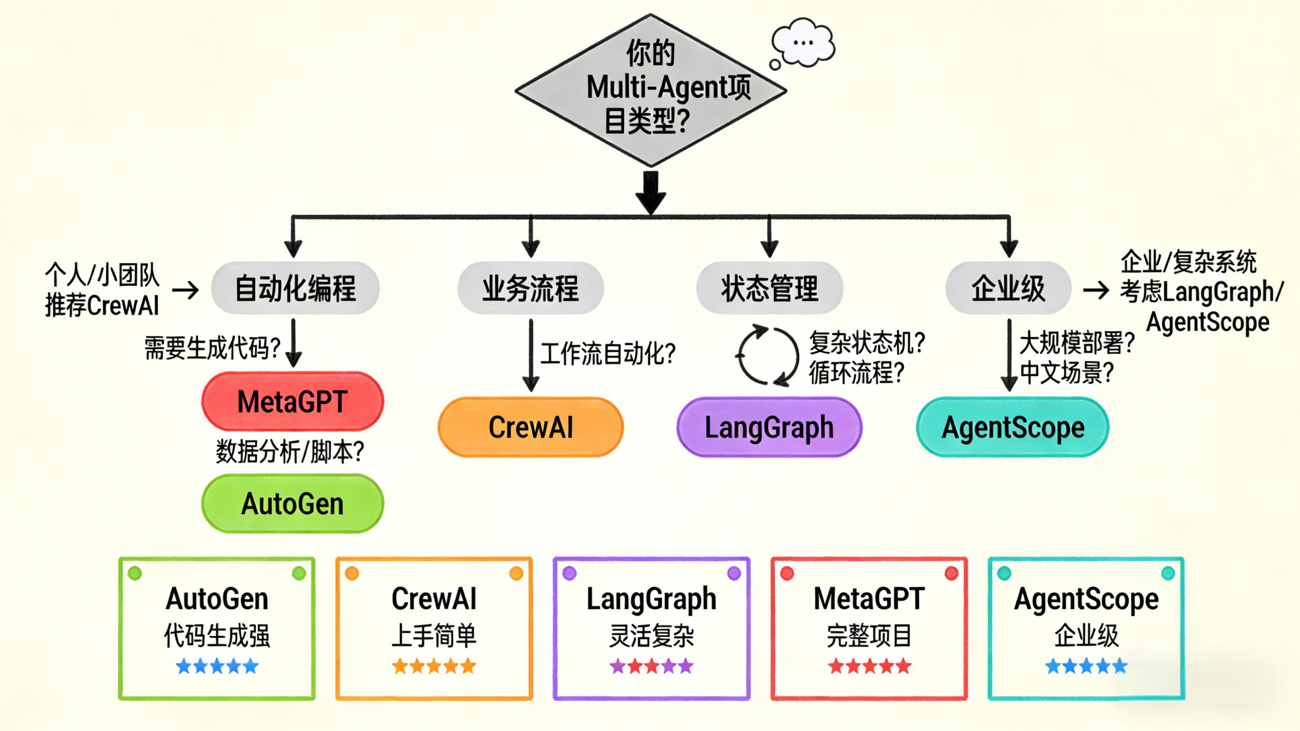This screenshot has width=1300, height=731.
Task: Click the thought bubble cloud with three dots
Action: click(803, 42)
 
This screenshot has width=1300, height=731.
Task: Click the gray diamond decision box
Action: click(650, 90)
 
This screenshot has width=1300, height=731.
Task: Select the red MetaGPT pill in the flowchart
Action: click(293, 401)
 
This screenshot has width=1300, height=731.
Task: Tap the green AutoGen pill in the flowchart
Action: click(293, 503)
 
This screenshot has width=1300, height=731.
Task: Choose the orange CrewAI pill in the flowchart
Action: click(531, 427)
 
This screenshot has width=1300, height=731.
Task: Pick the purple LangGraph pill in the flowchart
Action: click(769, 427)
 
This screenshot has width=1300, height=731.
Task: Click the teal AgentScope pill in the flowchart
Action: click(1012, 427)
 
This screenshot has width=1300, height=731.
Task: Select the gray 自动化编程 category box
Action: click(295, 288)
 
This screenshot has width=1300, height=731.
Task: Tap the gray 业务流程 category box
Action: click(530, 288)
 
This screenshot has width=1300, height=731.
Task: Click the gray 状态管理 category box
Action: click(770, 288)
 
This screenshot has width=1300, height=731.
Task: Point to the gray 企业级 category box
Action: click(1008, 288)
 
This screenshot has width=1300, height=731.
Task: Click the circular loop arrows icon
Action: click(767, 355)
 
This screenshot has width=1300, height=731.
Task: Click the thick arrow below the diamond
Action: click(650, 192)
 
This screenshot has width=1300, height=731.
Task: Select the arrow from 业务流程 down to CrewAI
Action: click(531, 355)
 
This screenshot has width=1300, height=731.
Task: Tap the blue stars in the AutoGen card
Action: click(217, 666)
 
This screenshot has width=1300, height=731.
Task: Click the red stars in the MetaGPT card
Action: click(869, 666)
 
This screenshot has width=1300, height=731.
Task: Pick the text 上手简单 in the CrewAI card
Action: click(434, 635)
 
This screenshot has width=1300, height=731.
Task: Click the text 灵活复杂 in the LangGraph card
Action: click(651, 635)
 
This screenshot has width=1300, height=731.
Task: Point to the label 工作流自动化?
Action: click(608, 353)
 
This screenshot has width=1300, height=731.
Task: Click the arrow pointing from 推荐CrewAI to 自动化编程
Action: click(186, 290)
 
